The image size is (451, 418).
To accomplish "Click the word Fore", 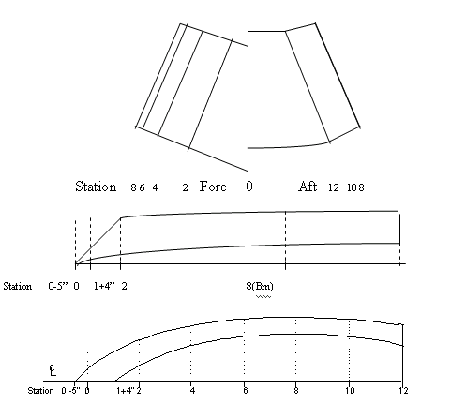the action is [213, 187].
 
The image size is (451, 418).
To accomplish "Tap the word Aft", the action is [308, 187].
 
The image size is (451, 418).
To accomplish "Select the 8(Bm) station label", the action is [260, 286].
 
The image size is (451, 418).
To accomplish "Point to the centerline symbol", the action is [53, 370].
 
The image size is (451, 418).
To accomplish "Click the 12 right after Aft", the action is [334, 187].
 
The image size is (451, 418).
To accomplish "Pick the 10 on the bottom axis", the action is [350, 390].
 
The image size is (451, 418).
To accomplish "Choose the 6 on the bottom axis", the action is [246, 390].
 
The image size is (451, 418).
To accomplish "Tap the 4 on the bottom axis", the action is [192, 390].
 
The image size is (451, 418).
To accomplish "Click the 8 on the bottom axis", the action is [296, 390].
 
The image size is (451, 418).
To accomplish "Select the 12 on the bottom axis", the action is [403, 390].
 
